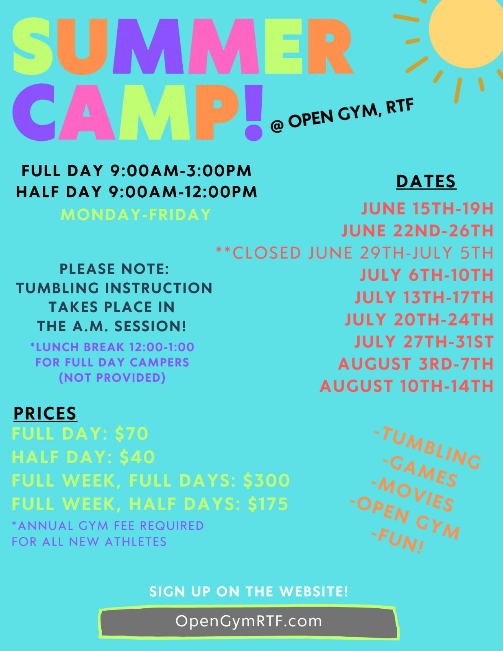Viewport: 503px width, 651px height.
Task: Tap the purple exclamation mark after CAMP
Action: click(x=254, y=112)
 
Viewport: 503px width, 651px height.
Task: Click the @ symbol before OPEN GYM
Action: click(x=277, y=126)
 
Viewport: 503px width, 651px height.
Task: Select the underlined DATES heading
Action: click(x=426, y=181)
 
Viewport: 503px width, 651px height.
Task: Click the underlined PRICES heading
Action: click(x=45, y=413)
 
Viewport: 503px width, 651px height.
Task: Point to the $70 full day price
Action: click(x=131, y=433)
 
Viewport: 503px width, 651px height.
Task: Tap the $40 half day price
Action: click(x=137, y=457)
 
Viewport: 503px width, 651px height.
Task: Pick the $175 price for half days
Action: click(x=268, y=504)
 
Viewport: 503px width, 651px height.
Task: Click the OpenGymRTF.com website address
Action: click(x=249, y=621)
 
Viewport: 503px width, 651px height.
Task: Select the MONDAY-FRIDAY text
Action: click(x=136, y=214)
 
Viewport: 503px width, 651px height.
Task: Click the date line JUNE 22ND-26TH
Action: click(x=418, y=231)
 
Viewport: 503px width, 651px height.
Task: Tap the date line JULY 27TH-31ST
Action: click(x=424, y=341)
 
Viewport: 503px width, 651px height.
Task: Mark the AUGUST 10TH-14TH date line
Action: click(x=407, y=386)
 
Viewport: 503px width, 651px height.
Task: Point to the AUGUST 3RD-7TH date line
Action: click(x=416, y=364)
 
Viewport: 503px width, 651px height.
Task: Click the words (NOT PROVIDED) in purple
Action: click(x=112, y=378)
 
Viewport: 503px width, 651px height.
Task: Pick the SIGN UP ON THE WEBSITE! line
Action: click(x=249, y=592)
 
